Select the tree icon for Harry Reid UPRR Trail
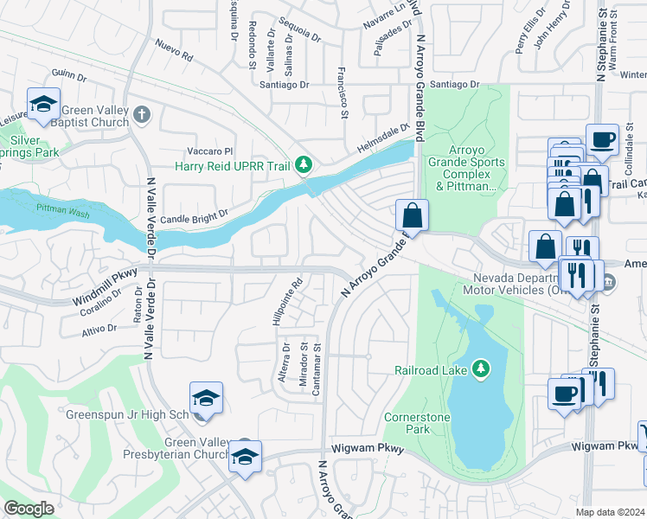pyautogui.click(x=303, y=164)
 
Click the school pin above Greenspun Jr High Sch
pyautogui.click(x=206, y=398)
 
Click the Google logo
pyautogui.click(x=29, y=509)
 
